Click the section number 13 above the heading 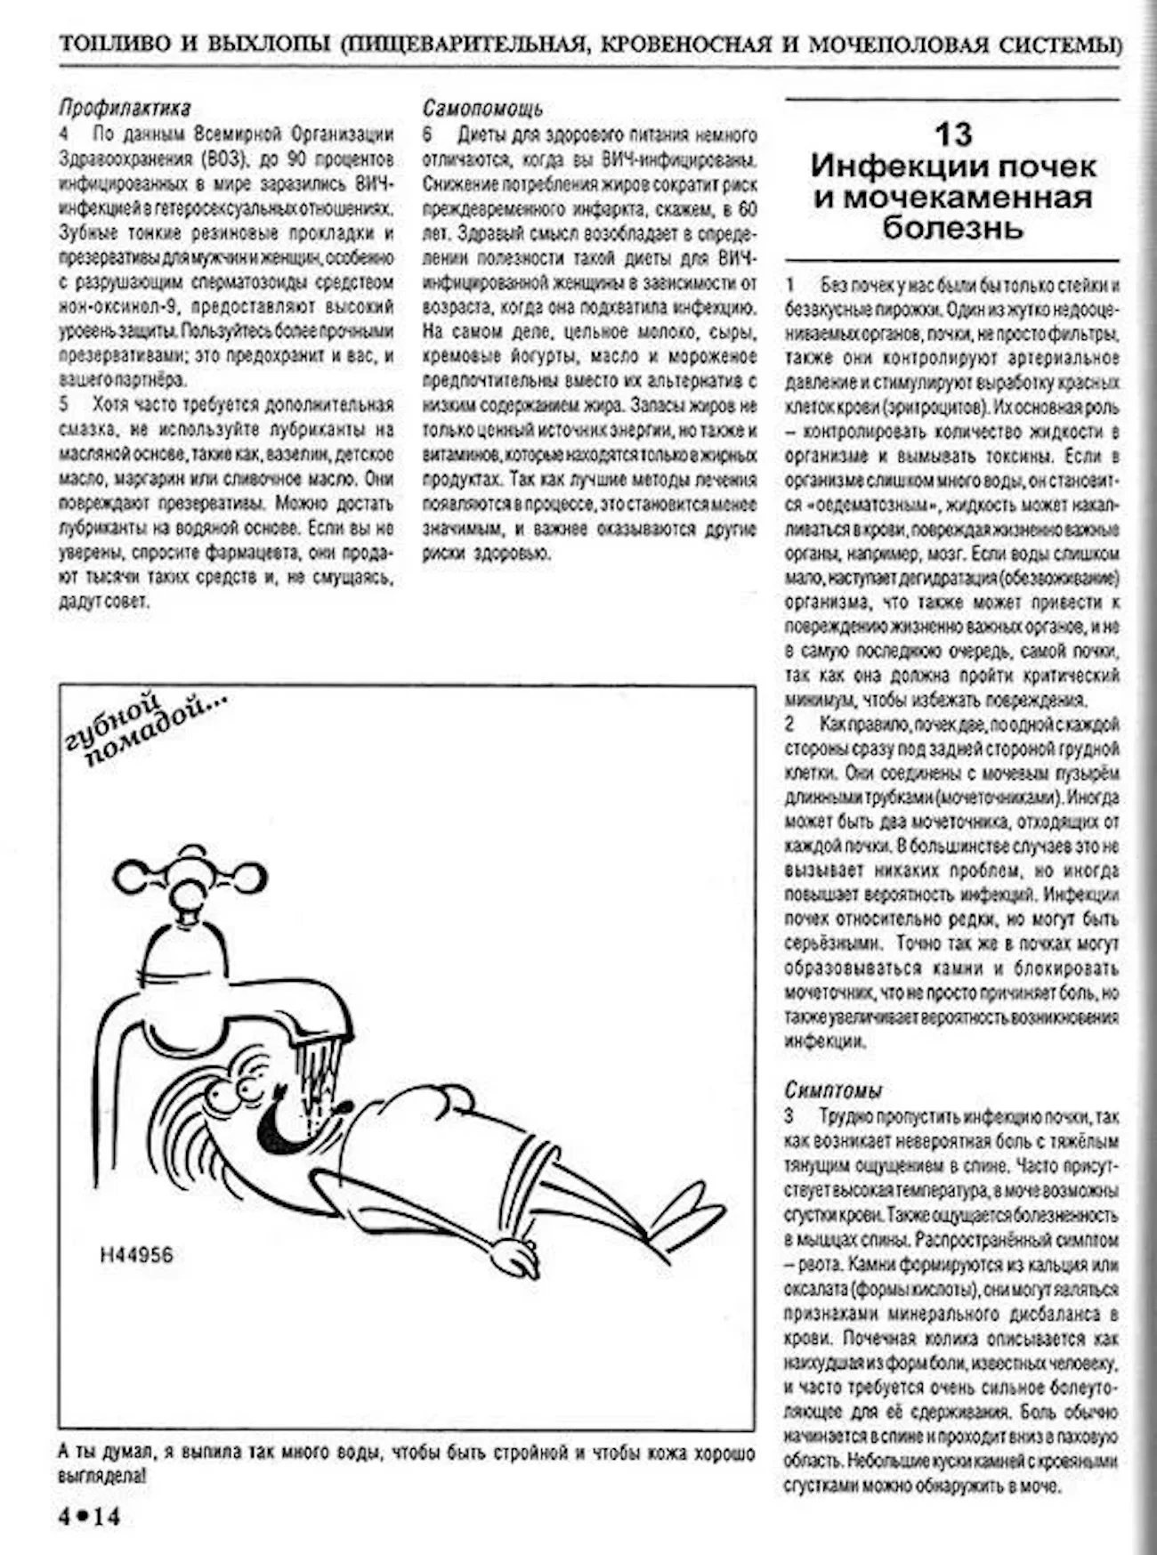point(952,134)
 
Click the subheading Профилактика point(125,109)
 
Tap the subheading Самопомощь point(482,109)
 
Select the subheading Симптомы point(833,1089)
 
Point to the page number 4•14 point(88,1516)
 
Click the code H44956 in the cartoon point(136,1255)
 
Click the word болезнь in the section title point(952,228)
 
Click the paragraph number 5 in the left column point(64,405)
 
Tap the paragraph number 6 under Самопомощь point(428,135)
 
